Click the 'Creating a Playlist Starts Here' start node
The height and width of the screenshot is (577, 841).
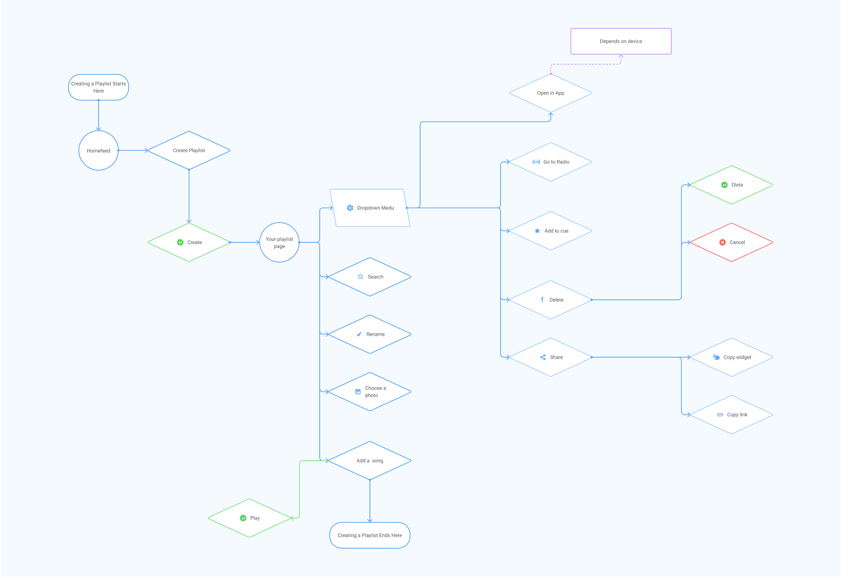point(99,87)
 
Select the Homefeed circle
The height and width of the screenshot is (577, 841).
point(99,151)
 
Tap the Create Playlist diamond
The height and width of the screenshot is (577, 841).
point(189,150)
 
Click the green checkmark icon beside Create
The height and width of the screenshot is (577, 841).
point(180,242)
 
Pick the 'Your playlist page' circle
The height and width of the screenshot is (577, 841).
point(280,242)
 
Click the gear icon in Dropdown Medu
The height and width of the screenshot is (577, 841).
point(350,208)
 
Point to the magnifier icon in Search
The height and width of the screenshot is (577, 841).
point(361,277)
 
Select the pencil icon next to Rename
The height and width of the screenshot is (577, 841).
point(360,335)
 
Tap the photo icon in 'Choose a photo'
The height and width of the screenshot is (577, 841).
point(358,392)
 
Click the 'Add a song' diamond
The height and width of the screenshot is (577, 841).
point(370,461)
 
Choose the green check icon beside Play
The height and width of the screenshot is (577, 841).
point(243,518)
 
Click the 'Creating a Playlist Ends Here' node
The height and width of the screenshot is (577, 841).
point(370,535)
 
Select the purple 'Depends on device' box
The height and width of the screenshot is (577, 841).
point(621,42)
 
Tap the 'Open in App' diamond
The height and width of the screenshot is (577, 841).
point(550,93)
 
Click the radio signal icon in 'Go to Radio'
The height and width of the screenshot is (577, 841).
point(536,162)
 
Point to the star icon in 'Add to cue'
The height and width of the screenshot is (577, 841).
point(537,231)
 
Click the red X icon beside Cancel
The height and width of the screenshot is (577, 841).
point(723,242)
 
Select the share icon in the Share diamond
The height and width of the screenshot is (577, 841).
point(543,357)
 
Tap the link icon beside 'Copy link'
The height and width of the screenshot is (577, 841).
point(720,415)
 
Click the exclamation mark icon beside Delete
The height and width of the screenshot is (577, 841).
point(542,300)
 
